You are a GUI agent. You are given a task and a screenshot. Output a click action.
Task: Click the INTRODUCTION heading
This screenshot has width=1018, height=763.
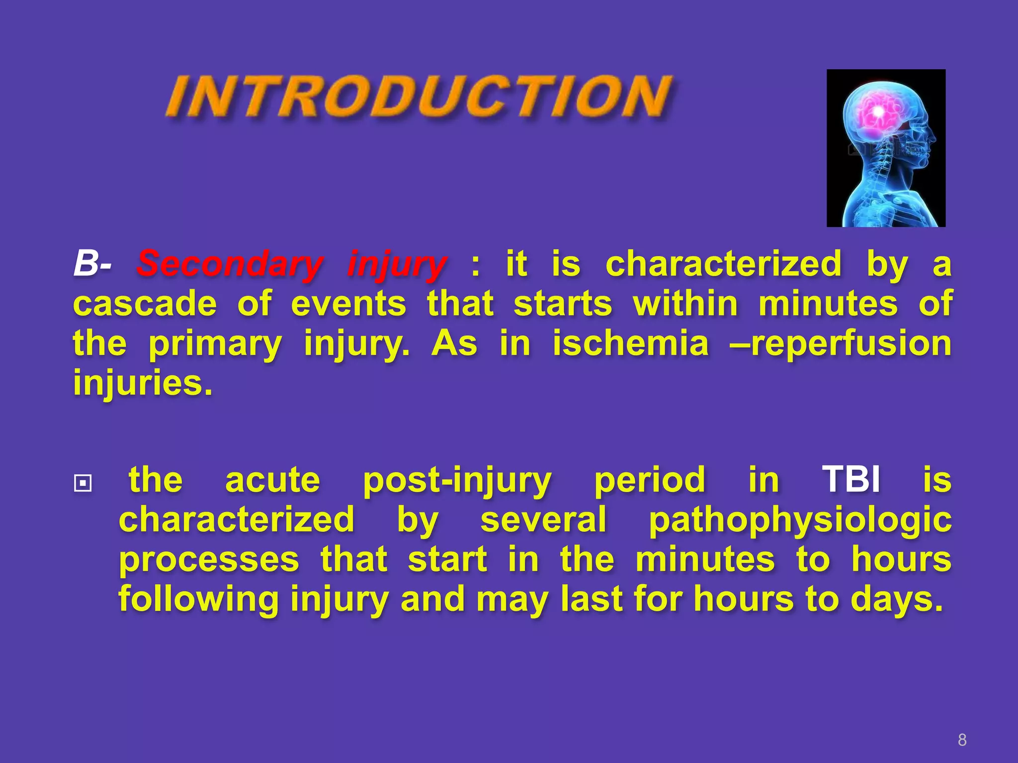pyautogui.click(x=420, y=97)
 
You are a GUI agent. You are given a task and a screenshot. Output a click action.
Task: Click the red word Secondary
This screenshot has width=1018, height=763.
pyautogui.click(x=230, y=263)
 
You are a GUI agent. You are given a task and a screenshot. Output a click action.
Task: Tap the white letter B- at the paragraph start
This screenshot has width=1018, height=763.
pyautogui.click(x=92, y=263)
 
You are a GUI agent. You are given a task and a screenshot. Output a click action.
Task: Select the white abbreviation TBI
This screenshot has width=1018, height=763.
pyautogui.click(x=851, y=480)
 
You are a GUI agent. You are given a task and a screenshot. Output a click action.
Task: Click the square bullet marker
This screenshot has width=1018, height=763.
pyautogui.click(x=83, y=483)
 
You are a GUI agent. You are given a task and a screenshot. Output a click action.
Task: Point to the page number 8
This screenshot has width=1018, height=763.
pyautogui.click(x=962, y=740)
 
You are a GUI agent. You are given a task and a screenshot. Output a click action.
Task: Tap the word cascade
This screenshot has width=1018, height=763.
pyautogui.click(x=145, y=304)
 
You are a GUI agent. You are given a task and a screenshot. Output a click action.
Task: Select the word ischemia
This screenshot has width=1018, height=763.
pyautogui.click(x=631, y=343)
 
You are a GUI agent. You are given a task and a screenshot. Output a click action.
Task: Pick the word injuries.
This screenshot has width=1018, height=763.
pyautogui.click(x=143, y=383)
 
